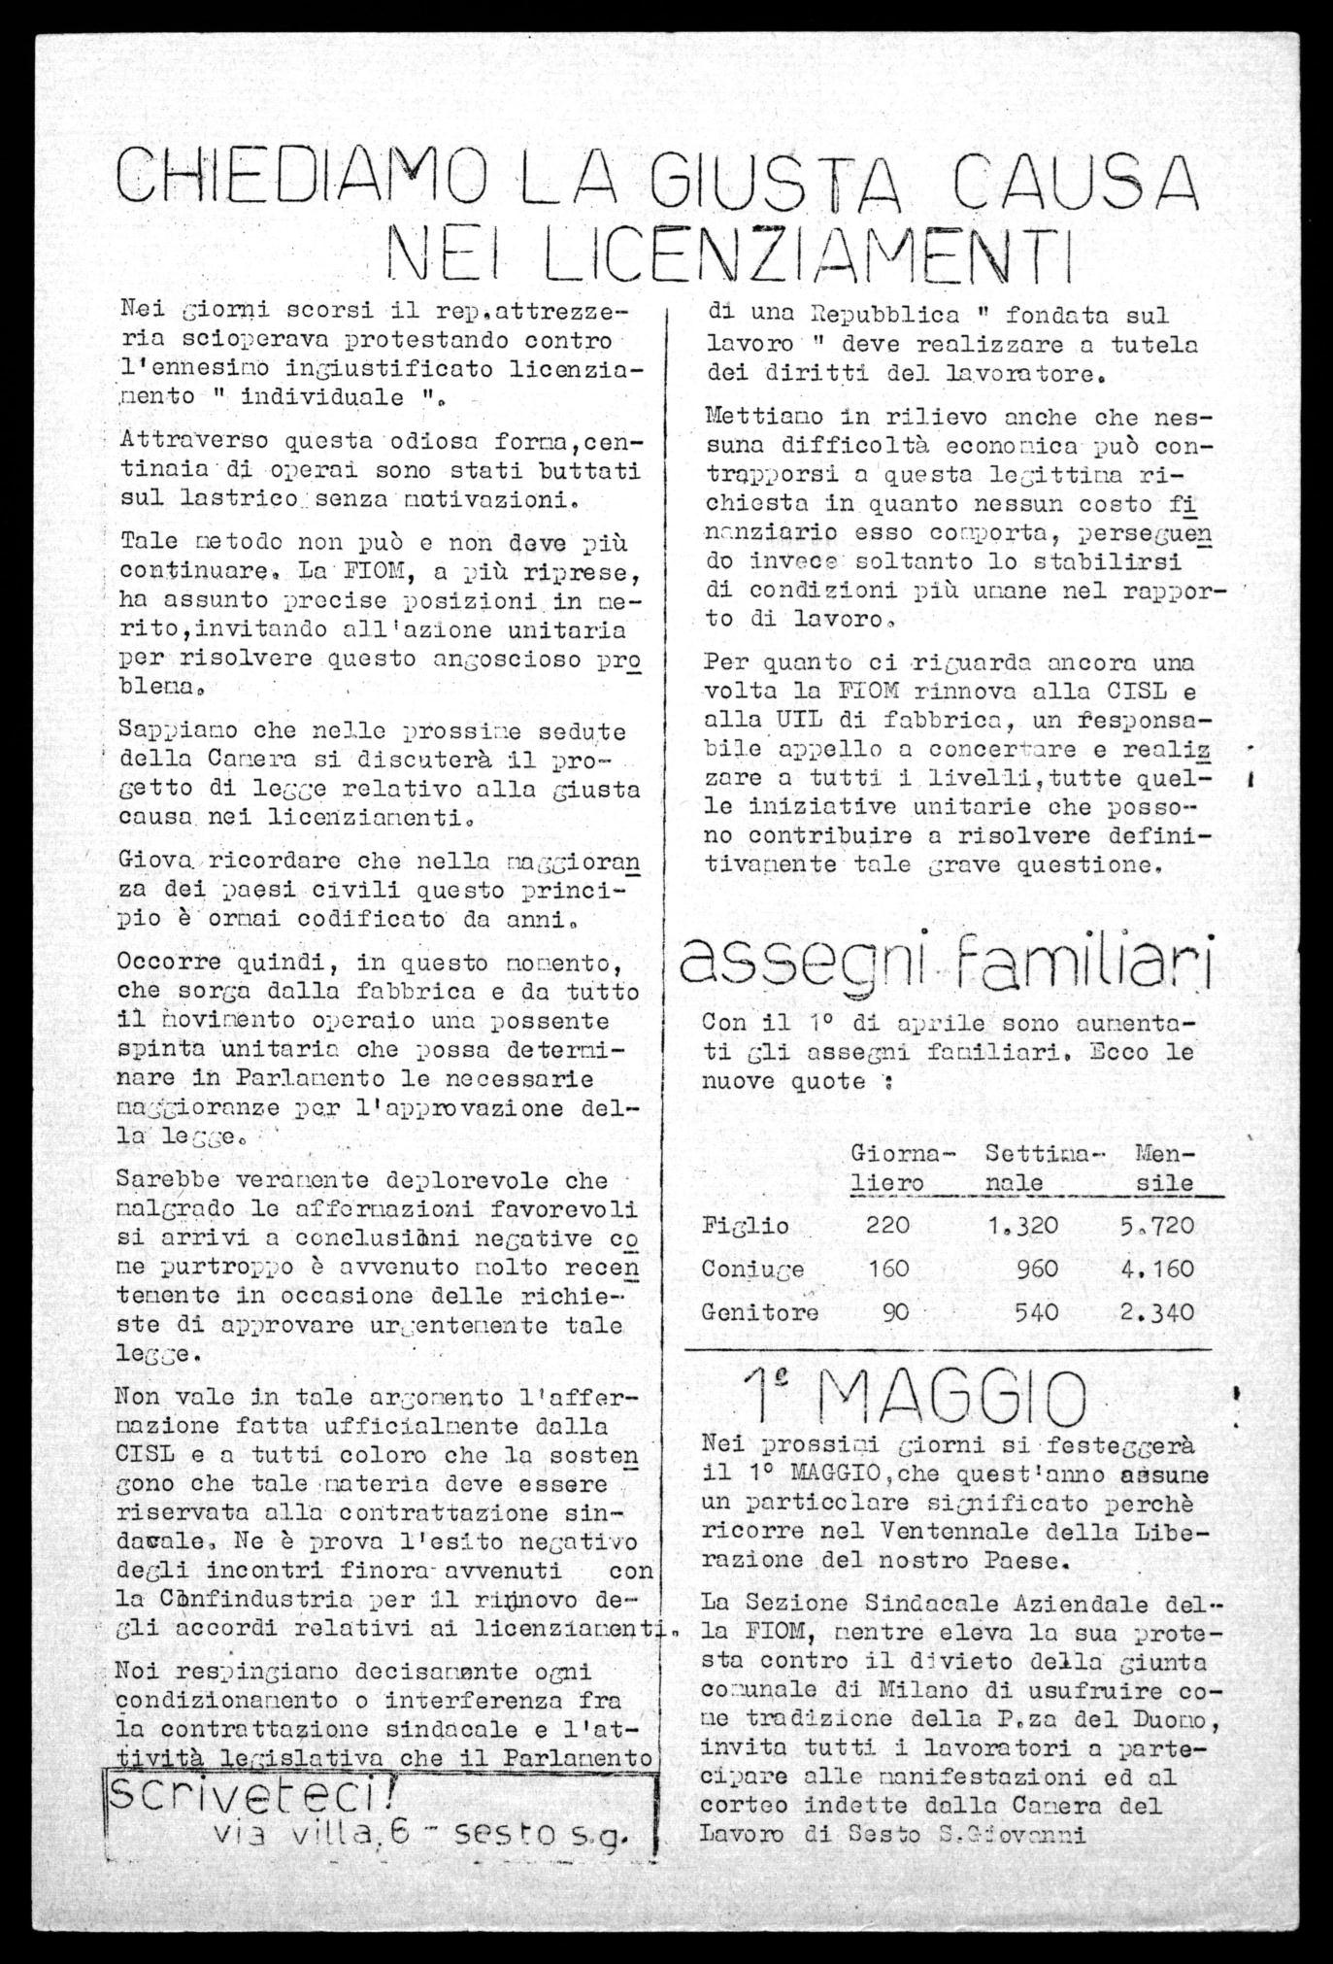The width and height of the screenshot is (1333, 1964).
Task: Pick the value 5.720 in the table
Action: (x=1156, y=1226)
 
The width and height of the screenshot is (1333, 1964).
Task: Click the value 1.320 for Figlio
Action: (x=1022, y=1226)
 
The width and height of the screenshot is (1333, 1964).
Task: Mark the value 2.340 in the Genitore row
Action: (x=1156, y=1312)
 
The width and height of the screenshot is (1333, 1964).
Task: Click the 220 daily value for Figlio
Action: (x=887, y=1225)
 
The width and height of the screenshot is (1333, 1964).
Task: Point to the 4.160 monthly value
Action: (x=1156, y=1269)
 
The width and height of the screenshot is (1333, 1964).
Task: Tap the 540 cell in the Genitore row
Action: (x=1035, y=1312)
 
